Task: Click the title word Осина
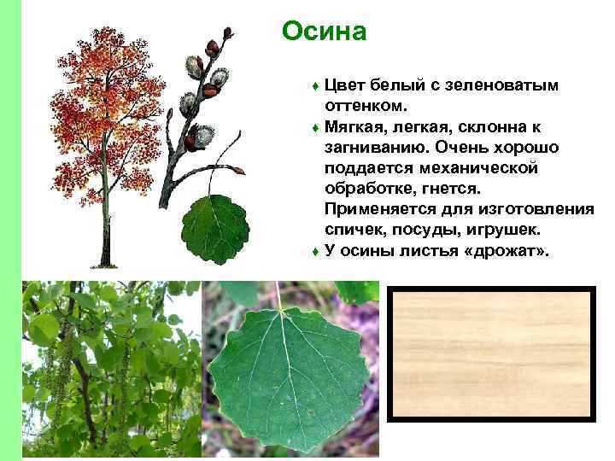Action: [x=324, y=32]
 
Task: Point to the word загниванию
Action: [x=372, y=149]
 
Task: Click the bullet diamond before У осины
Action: [x=315, y=253]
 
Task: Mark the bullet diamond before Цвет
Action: [x=315, y=87]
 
